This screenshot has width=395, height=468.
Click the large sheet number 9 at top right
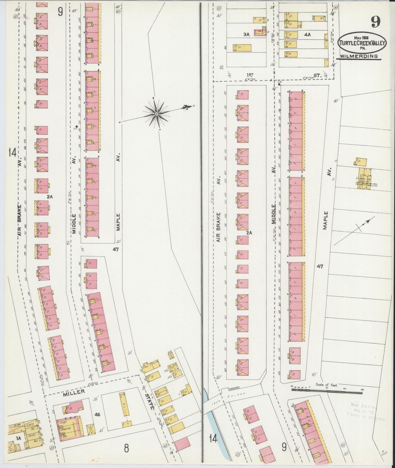coord(376,22)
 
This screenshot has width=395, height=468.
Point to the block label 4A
coord(307,35)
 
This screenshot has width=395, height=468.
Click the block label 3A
coord(247,34)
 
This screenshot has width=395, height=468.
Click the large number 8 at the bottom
coord(126,448)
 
